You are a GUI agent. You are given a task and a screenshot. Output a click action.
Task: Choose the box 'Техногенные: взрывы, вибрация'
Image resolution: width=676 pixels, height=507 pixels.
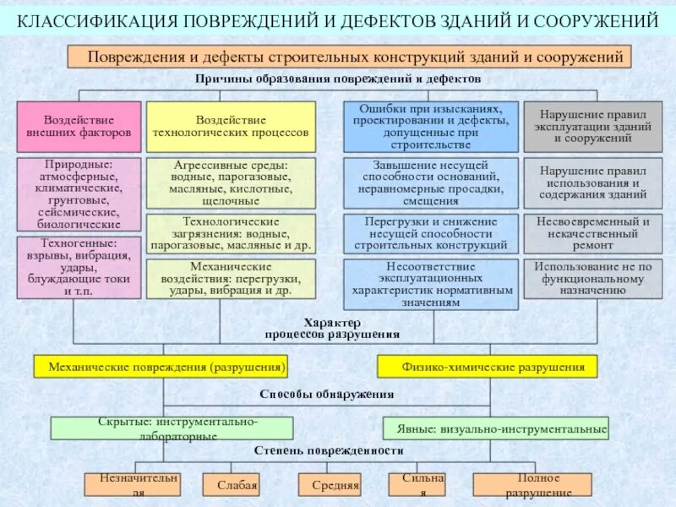[x=79, y=267]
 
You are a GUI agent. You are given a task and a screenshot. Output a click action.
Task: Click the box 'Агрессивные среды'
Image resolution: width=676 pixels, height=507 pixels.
[x=231, y=183]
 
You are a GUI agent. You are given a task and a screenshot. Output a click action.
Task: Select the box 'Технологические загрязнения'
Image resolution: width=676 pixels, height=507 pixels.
[x=231, y=234]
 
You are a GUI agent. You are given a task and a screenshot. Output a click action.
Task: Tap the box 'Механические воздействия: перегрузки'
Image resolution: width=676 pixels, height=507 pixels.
[x=231, y=279]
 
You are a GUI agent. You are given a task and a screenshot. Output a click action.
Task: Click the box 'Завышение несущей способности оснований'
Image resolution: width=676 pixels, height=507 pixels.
[x=431, y=183]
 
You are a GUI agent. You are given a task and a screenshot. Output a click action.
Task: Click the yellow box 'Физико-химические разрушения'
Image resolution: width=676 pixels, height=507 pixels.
[x=487, y=367]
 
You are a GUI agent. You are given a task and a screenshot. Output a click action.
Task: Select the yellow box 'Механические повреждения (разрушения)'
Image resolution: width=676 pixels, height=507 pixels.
[x=161, y=367]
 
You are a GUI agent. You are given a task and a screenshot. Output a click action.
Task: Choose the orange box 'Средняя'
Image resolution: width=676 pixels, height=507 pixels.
[x=330, y=485]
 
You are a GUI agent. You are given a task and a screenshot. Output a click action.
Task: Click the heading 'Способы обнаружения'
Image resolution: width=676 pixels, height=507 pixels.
[x=326, y=395]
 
